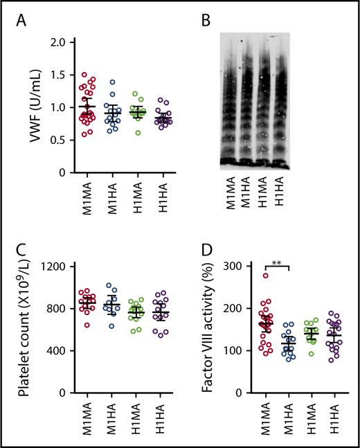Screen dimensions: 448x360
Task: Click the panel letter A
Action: [x=24, y=21]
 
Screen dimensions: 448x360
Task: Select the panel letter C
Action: [x=24, y=248]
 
